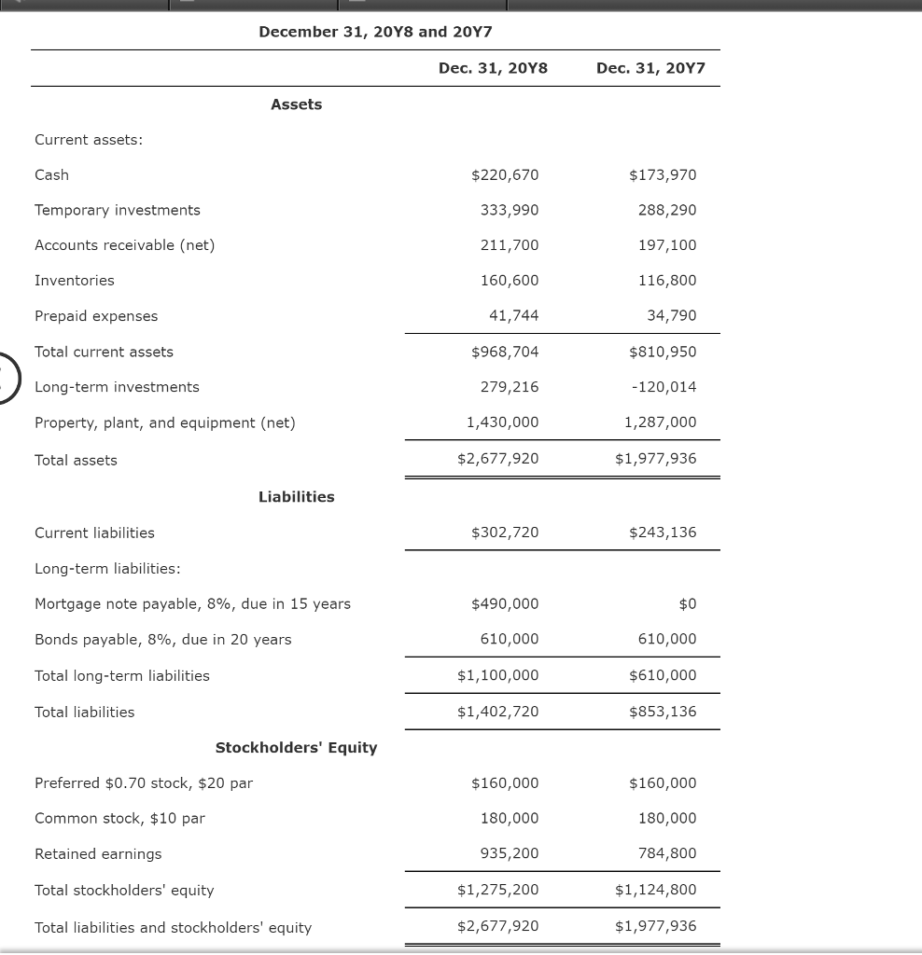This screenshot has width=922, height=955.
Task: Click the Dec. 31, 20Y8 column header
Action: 493,68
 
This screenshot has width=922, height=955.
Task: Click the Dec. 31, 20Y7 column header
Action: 650,68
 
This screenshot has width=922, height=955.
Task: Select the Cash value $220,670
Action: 505,175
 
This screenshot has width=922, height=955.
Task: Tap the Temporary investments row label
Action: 118,210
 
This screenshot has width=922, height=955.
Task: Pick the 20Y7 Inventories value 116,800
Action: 667,281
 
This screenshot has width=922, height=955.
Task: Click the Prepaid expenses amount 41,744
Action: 513,316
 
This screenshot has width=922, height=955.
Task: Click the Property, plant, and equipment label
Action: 164,422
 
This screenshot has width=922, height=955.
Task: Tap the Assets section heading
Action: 296,104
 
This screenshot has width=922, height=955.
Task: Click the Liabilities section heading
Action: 296,497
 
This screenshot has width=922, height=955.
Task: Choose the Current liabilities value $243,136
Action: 663,533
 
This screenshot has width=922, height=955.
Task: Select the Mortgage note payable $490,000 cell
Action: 505,604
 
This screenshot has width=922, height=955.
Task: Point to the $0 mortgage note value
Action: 687,604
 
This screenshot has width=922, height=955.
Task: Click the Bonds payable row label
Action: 162,640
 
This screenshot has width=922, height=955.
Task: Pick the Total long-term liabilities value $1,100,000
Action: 497,675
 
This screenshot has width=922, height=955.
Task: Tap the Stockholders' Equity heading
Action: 296,748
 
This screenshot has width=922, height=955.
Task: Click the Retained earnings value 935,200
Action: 510,853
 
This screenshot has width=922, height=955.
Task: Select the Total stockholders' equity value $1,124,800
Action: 655,890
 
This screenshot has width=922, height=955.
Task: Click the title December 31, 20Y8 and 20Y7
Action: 375,32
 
